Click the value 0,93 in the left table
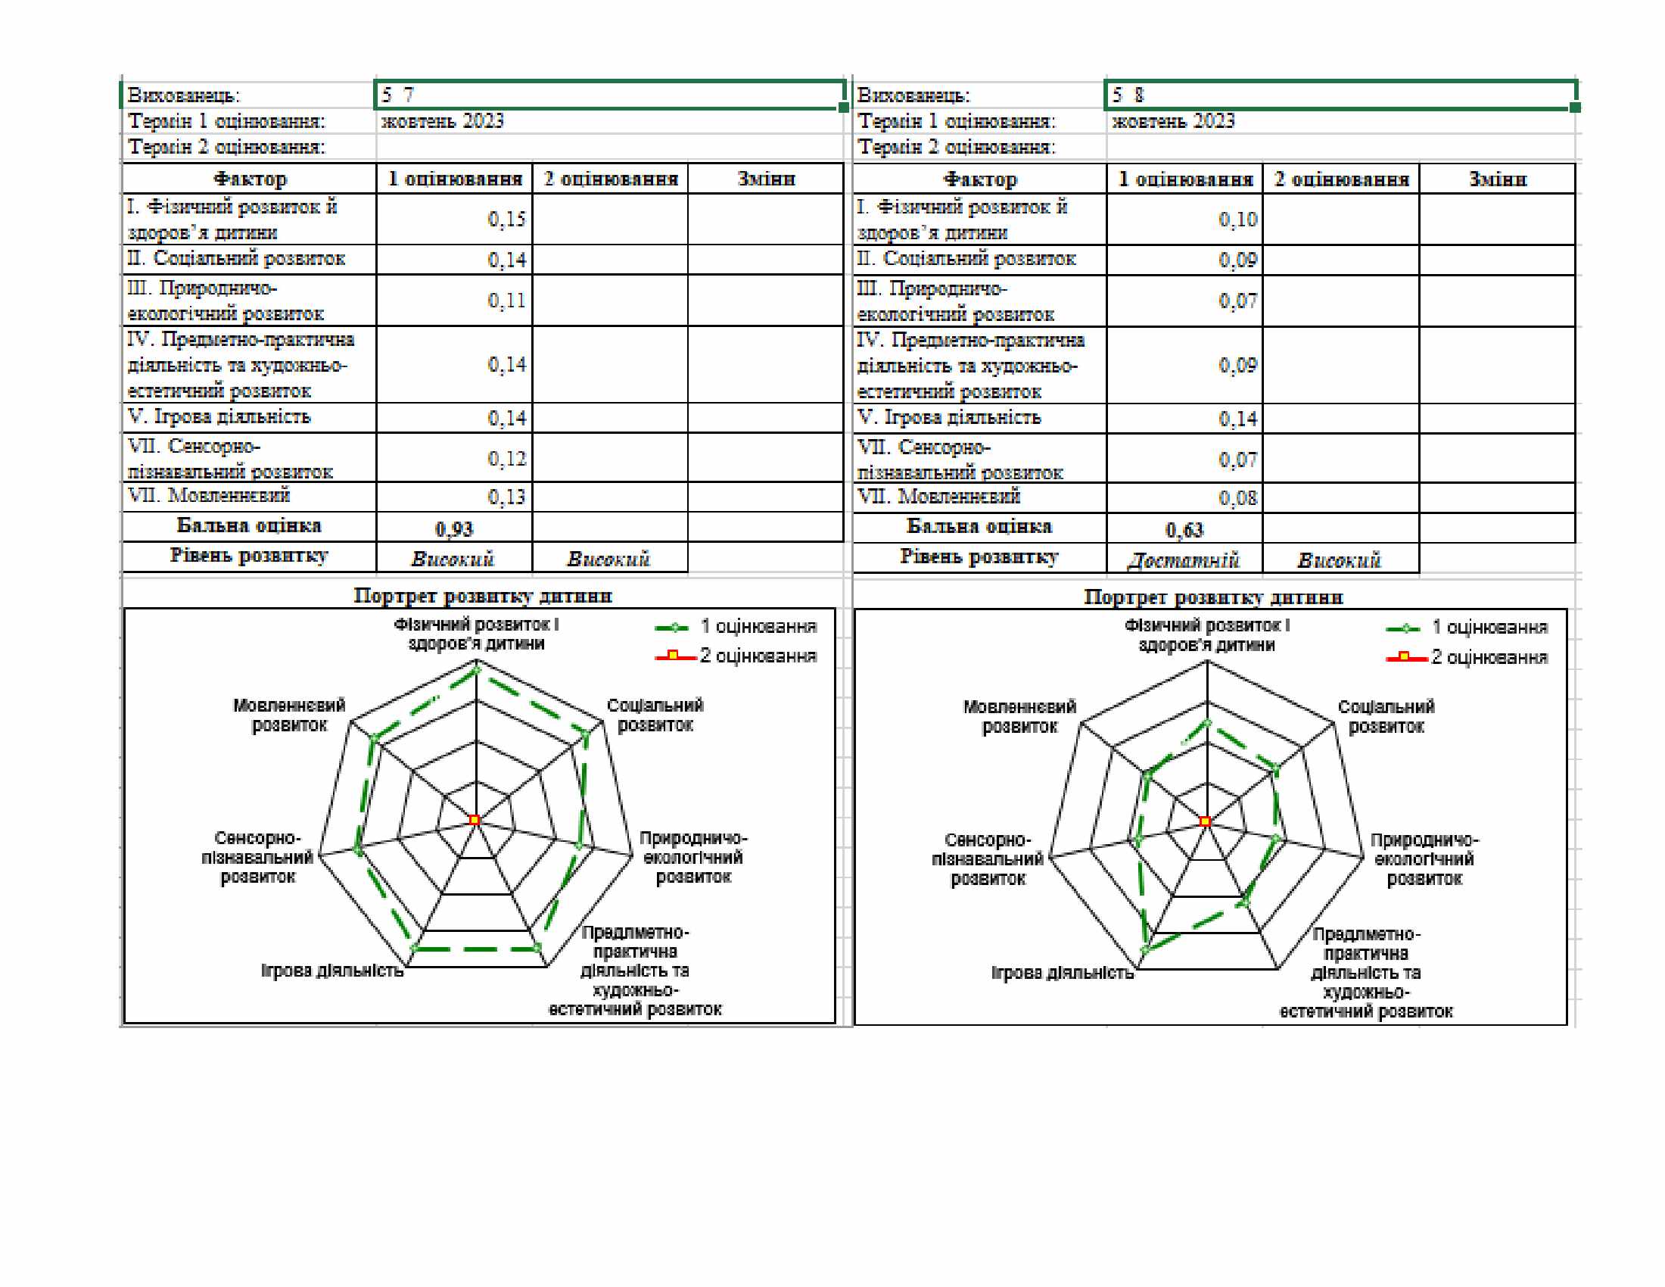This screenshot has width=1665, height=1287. coord(453,528)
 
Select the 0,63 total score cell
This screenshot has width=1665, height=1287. coord(1184,529)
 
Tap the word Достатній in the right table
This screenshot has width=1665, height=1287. coord(1184,560)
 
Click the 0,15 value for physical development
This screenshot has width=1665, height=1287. coord(506,220)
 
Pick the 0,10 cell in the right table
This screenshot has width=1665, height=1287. coord(1237,220)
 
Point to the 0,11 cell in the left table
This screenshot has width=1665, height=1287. coord(506,301)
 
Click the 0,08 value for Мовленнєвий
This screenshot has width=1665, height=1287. coord(1237,498)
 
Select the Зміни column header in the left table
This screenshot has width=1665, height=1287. coord(766,179)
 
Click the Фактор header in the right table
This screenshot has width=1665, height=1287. coord(979,179)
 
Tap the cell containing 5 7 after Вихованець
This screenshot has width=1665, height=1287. coord(610,95)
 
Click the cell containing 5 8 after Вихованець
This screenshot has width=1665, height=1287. coord(1340,95)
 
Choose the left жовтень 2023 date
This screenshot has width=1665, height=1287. coord(442,121)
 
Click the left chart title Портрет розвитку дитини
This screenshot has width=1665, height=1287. coord(483,596)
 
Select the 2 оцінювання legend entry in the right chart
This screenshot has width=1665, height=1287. coord(1467,657)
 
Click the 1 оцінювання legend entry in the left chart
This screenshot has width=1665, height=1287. coord(736,627)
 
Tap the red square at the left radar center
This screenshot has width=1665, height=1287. coord(475,820)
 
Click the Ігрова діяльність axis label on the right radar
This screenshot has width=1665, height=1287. coord(1062,973)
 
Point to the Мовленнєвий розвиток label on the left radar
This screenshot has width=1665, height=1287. coord(290,715)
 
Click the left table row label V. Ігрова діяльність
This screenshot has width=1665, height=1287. coord(219,417)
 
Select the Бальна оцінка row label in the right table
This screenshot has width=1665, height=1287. coord(979,526)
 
